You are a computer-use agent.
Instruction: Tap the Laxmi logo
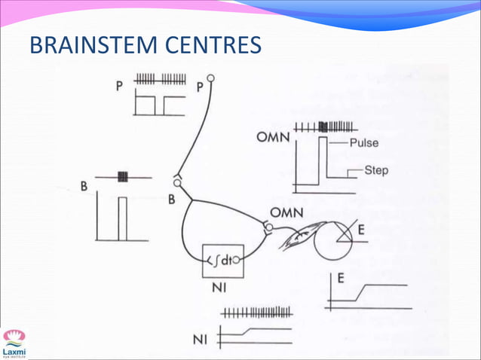[x=14, y=343]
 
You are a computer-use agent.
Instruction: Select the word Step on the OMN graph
[x=376, y=170]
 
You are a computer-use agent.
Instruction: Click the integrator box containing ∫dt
[x=223, y=261]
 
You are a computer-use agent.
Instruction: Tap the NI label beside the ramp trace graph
[x=200, y=340]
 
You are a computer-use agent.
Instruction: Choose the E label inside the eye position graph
[x=342, y=279]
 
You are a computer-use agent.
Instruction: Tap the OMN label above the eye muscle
[x=286, y=213]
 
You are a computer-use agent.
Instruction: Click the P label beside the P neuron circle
[x=199, y=87]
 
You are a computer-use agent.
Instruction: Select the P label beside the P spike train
[x=119, y=87]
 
